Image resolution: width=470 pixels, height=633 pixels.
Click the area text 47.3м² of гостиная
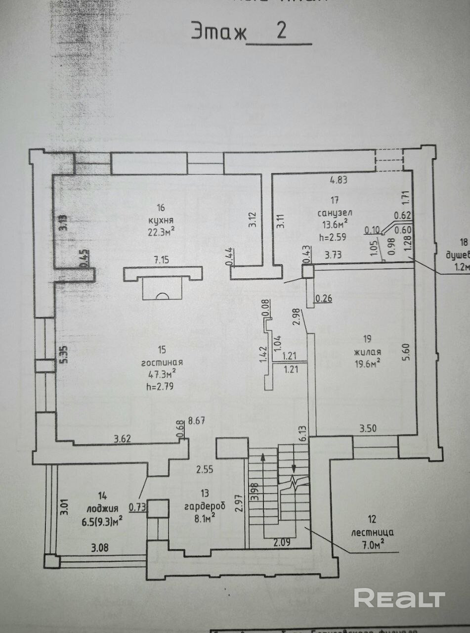click(159, 372)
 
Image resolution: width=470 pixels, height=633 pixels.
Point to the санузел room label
click(335, 212)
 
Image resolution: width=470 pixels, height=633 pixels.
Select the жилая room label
click(367, 352)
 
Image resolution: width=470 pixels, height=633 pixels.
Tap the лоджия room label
click(102, 508)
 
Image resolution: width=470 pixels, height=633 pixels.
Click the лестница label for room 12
click(372, 533)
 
